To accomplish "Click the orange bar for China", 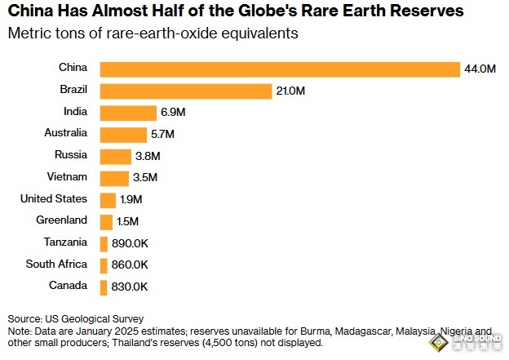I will [x=280, y=69].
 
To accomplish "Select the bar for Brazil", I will [x=185, y=91].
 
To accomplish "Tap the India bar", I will [x=127, y=113].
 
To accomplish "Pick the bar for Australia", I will [x=122, y=135].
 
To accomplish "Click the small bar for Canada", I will [x=104, y=287].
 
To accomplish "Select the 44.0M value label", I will [x=480, y=69].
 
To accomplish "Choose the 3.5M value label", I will [x=144, y=178].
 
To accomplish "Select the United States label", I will [x=54, y=198].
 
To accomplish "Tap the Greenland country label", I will [x=61, y=220].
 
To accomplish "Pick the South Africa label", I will [x=56, y=264].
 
